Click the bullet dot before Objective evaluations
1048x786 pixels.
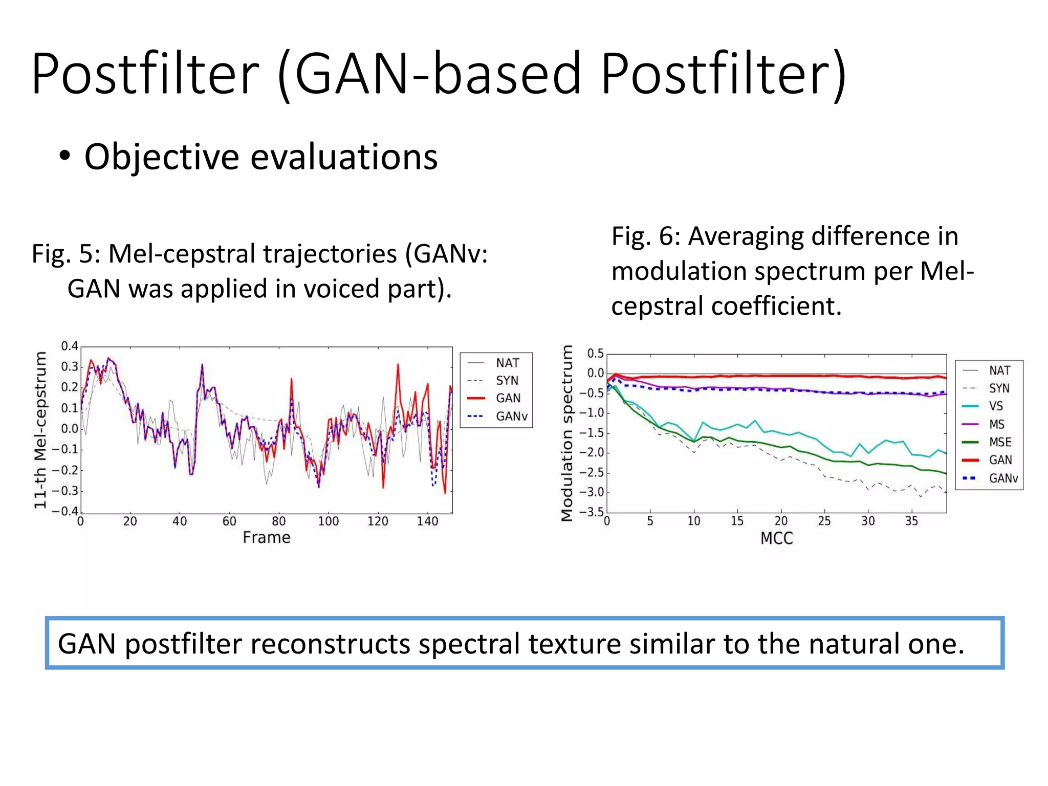pos(64,156)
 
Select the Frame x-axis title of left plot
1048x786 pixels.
pos(266,538)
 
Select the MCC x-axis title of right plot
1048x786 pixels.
pos(776,538)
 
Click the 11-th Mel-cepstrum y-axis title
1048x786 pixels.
pos(40,430)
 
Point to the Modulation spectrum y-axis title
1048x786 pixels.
pos(566,433)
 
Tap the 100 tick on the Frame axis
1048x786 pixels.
pos(328,521)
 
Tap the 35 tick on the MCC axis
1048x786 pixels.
pos(911,521)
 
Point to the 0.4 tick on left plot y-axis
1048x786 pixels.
pos(70,346)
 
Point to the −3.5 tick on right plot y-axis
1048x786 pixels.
pos(592,512)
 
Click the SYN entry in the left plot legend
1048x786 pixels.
pos(507,381)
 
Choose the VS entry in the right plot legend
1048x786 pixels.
pos(995,406)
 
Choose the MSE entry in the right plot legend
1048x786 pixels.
pos(1000,442)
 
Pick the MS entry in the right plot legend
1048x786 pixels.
pos(996,424)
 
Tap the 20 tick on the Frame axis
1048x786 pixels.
pos(130,521)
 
